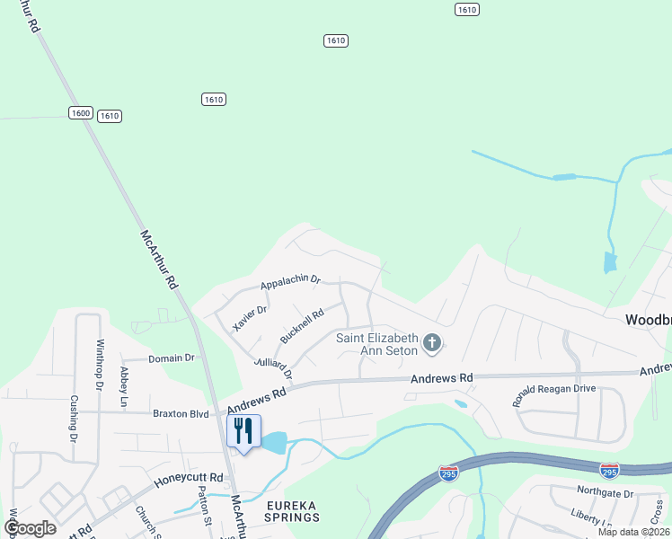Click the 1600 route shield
coord(80,112)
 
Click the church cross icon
coord(432,342)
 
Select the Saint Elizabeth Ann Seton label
coord(378,343)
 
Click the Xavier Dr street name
coord(250,318)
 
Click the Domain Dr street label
coord(172,358)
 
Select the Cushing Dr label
coord(75,413)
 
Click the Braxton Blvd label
coord(181,414)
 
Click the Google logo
coord(30,528)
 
